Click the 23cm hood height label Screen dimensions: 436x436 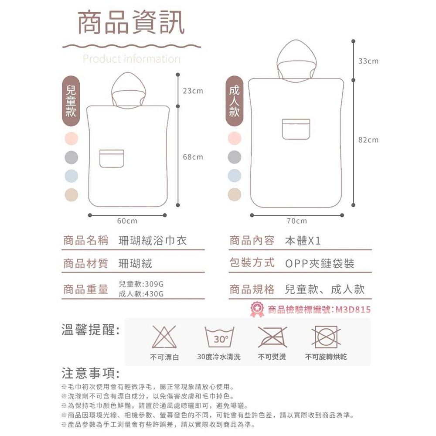point(193,91)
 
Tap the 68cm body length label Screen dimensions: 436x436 point(193,157)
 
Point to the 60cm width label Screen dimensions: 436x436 point(127,221)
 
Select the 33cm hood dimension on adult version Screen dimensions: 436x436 point(368,62)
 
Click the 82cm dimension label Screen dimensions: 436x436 point(368,140)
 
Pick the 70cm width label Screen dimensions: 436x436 point(297,221)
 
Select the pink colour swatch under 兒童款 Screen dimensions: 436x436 point(71,139)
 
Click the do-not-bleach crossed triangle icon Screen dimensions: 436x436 point(164,338)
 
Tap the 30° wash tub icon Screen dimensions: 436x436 point(219,338)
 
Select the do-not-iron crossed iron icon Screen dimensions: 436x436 point(272,338)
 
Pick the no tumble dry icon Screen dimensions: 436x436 point(326,338)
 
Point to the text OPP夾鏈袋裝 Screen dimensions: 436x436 point(320,264)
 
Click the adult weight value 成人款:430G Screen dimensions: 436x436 point(141,294)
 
